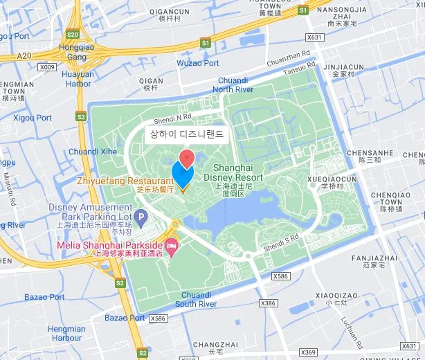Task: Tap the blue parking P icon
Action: [141, 219]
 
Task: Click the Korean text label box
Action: [187, 134]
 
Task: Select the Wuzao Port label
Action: [198, 63]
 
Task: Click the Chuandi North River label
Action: [233, 84]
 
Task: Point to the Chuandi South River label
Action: [196, 299]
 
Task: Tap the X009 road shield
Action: [47, 67]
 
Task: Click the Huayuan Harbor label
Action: [76, 79]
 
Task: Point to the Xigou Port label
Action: [33, 118]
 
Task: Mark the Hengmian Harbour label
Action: [67, 333]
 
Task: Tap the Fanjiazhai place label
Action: [374, 258]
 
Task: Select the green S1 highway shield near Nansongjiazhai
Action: [302, 10]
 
